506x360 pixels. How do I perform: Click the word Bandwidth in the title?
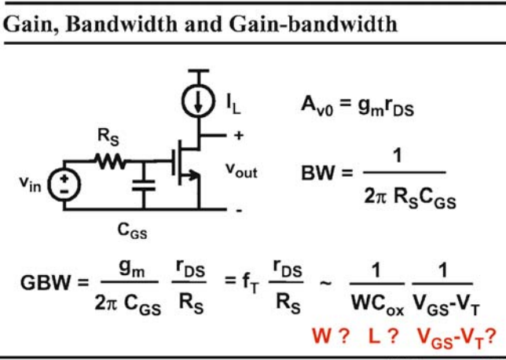tap(121, 24)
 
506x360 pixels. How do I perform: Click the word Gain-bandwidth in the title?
tap(313, 24)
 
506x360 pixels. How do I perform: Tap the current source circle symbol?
tap(198, 101)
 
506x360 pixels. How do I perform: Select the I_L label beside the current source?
tap(233, 104)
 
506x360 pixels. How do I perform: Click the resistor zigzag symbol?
tap(110, 161)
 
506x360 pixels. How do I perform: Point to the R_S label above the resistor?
tap(108, 137)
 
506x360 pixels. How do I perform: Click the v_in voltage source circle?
tap(64, 185)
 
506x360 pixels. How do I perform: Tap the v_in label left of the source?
tap(31, 185)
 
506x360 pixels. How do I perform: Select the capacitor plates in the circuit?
tap(144, 186)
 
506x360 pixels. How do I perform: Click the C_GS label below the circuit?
tap(132, 231)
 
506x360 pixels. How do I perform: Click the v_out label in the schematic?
tap(241, 171)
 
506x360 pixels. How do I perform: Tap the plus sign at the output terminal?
tap(239, 135)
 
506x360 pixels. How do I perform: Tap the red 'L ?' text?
tap(383, 336)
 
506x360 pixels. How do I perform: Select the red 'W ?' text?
tap(331, 336)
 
